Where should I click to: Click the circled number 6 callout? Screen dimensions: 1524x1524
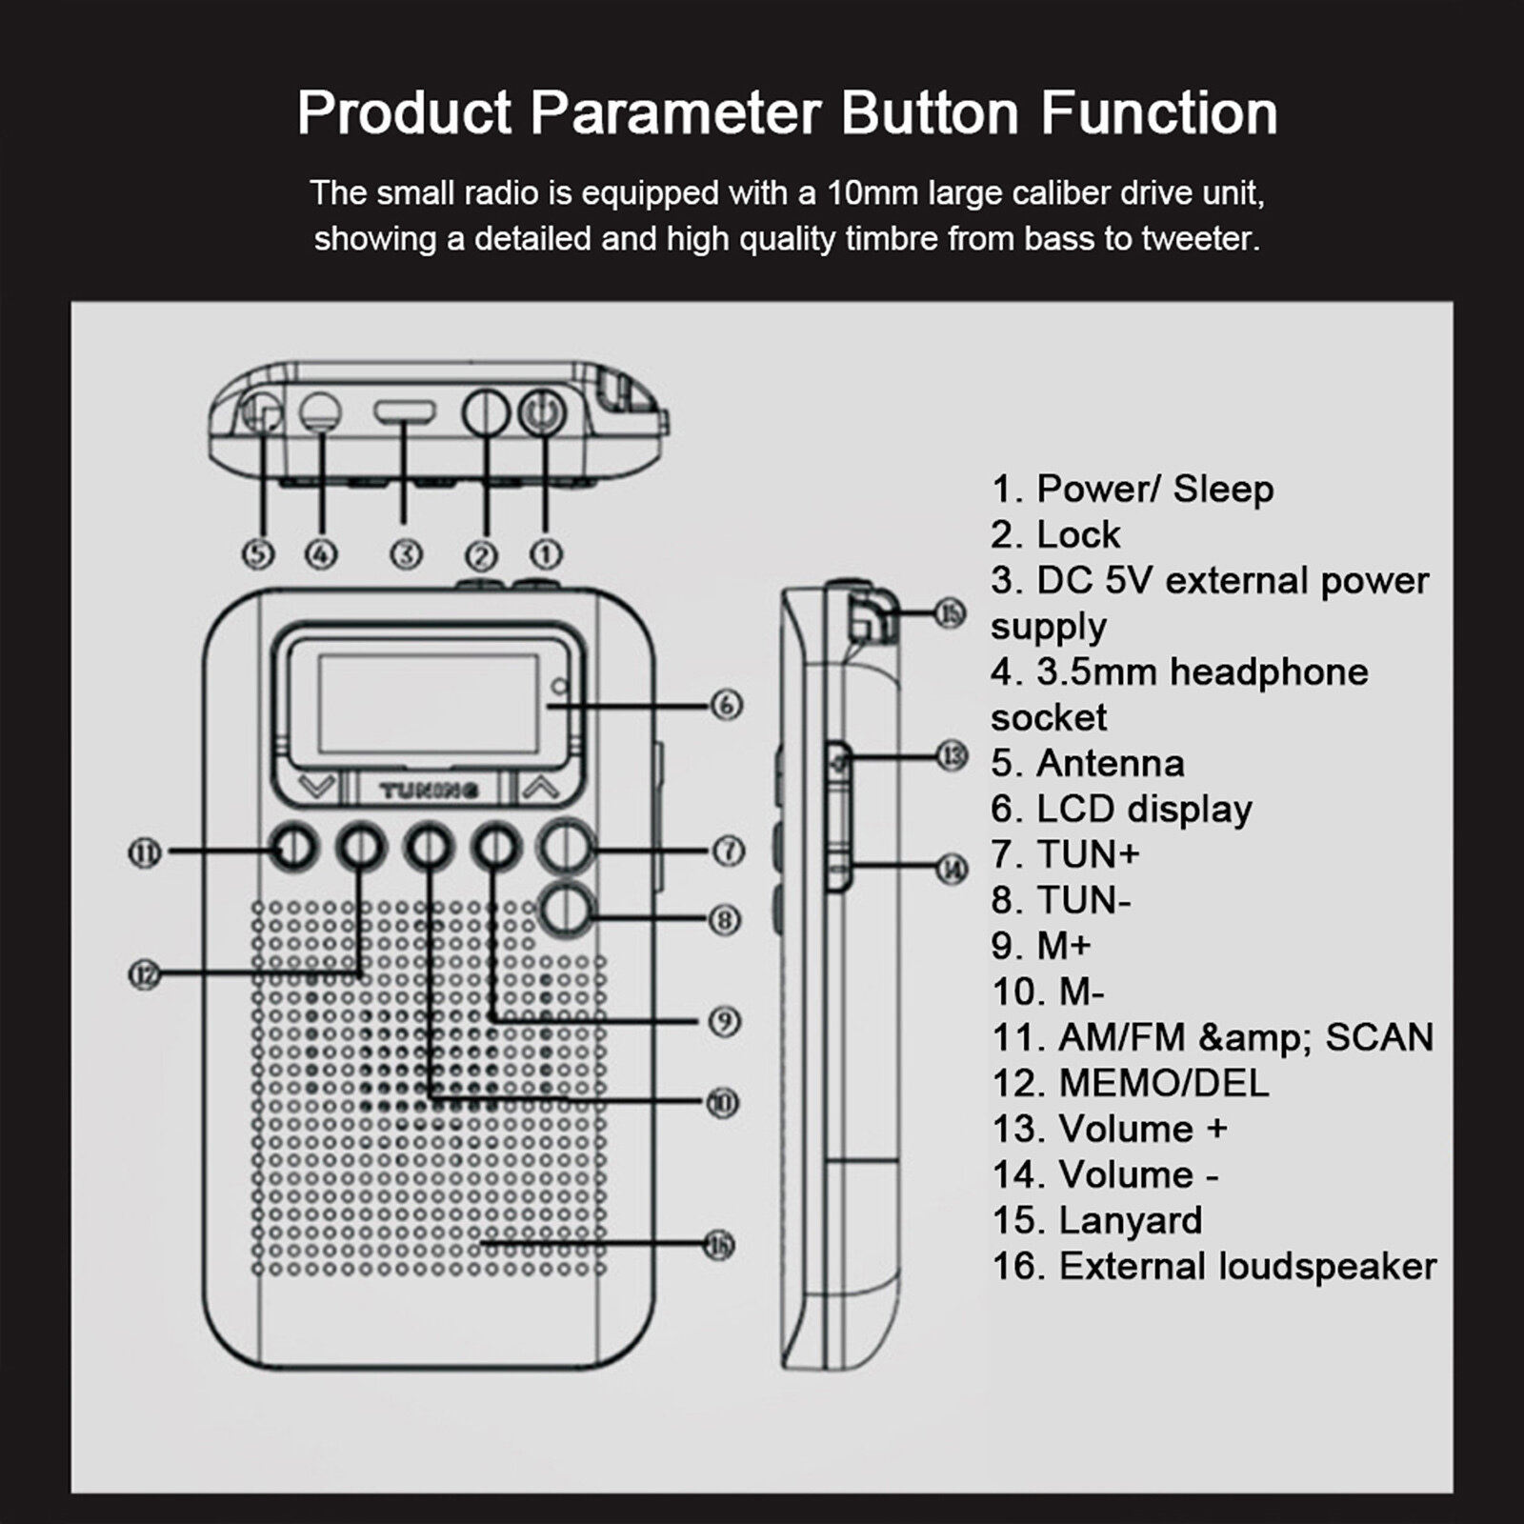pos(726,705)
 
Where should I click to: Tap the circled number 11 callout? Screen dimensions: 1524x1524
pos(145,852)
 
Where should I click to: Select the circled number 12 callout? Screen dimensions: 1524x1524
pos(145,974)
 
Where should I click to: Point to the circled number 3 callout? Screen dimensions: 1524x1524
pos(407,554)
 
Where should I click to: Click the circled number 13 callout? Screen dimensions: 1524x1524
pos(951,757)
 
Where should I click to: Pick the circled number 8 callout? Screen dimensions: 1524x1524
pos(724,919)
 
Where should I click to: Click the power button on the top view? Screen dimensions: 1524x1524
pos(543,413)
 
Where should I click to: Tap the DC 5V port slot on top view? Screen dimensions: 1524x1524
pos(405,412)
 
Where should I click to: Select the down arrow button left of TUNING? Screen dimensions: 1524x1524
pos(316,787)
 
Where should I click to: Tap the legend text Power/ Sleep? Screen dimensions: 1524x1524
pos(1154,489)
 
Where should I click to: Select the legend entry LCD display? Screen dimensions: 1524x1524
pos(1143,809)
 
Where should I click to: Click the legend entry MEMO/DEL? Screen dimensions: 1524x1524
pos(1163,1083)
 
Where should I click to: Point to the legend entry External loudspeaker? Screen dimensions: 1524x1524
pos(1247,1266)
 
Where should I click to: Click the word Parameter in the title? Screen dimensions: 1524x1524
pos(674,112)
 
